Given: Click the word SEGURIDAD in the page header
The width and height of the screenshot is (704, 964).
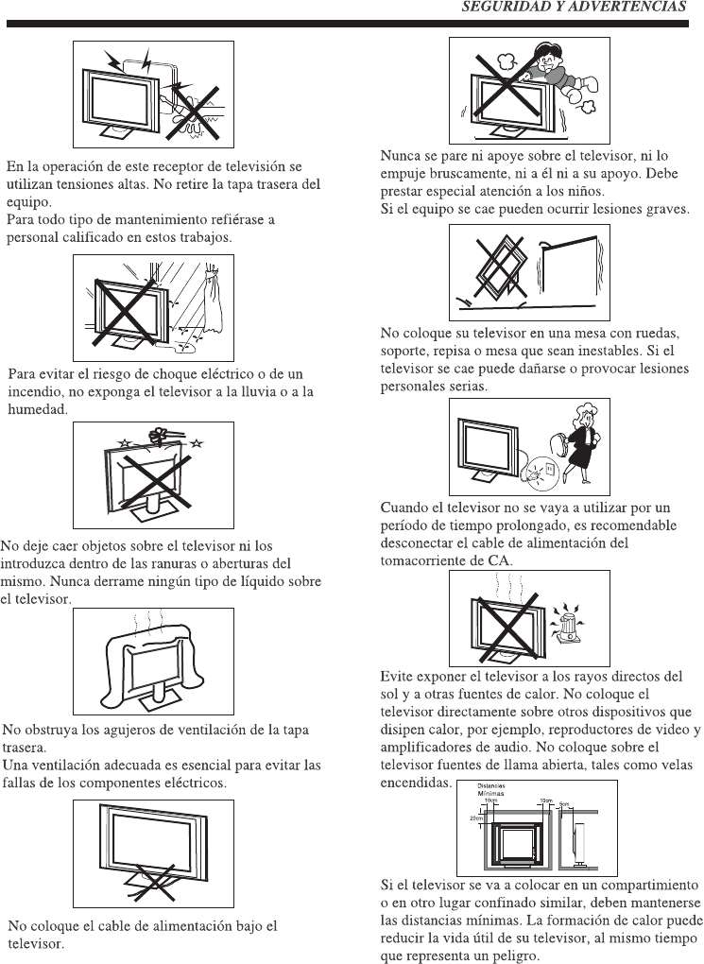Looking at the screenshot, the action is [x=499, y=7].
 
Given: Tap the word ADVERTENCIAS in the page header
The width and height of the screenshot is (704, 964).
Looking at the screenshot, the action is [x=631, y=7].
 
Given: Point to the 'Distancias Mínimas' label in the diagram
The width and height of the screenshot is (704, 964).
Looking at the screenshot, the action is [x=490, y=789].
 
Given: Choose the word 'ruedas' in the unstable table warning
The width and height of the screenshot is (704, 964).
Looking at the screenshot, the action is [x=658, y=334].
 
